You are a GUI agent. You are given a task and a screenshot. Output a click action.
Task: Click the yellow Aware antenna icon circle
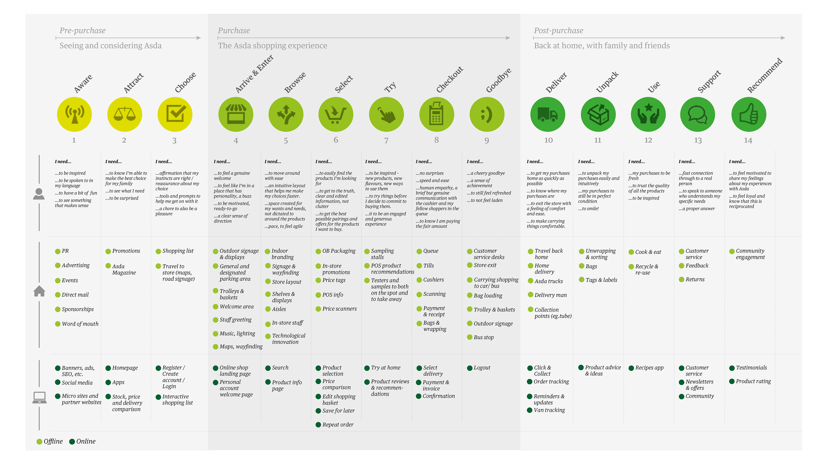pos(75,115)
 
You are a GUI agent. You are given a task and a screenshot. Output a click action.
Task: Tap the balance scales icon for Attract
pos(124,115)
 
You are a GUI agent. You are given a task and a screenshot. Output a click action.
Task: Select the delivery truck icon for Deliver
pos(547,115)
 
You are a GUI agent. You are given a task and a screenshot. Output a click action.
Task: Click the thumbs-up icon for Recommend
pos(748,115)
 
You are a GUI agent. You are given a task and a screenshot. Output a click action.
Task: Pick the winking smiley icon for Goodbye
pos(487,115)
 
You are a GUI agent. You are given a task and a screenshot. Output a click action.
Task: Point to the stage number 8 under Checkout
pos(436,140)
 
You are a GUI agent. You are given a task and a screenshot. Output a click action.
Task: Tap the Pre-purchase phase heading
pos(82,31)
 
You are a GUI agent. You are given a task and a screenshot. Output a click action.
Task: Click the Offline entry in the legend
pos(50,442)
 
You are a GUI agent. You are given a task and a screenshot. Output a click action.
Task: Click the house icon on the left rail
pos(39,291)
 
